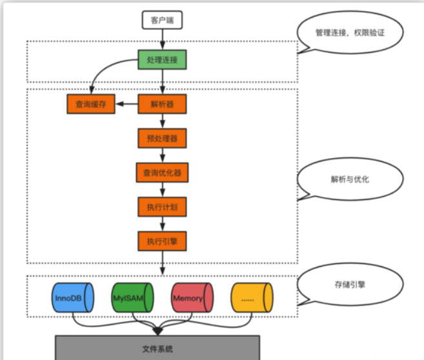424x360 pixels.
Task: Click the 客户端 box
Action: (x=163, y=20)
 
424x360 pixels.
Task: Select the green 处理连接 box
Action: (x=162, y=61)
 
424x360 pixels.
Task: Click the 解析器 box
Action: (x=162, y=104)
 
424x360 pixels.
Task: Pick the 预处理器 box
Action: (x=162, y=138)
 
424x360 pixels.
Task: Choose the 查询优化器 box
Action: (x=162, y=172)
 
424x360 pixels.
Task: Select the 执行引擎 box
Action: (x=162, y=241)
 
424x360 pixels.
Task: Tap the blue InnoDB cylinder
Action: (x=70, y=298)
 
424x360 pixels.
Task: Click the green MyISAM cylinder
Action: (x=131, y=298)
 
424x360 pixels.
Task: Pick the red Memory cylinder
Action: (x=192, y=298)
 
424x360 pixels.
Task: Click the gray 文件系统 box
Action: (x=157, y=348)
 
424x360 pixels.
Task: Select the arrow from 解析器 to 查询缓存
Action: (x=126, y=104)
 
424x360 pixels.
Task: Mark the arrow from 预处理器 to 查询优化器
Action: (x=162, y=155)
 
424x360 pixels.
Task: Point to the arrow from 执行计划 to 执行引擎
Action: (x=162, y=224)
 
